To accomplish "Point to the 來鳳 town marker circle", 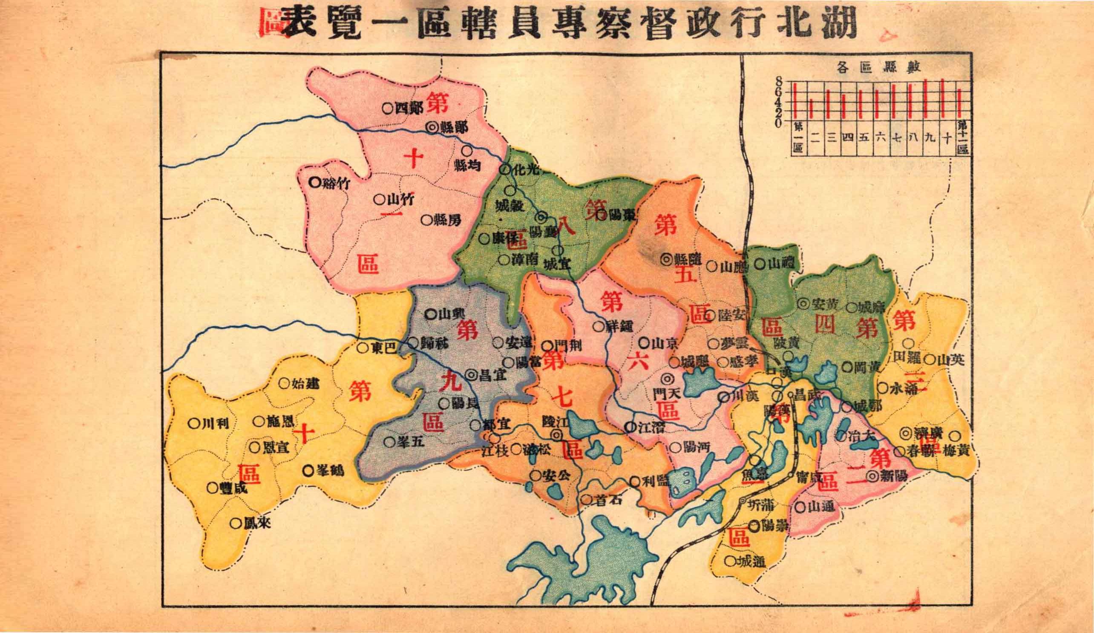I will tap(235, 523).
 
